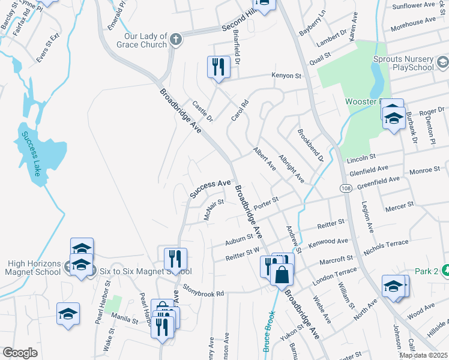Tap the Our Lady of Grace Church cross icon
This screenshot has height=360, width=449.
point(175,40)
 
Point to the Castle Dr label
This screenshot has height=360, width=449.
point(202,111)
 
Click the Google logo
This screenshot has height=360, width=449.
point(20,353)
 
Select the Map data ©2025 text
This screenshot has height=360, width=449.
point(423,355)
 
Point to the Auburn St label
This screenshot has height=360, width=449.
point(239,238)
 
